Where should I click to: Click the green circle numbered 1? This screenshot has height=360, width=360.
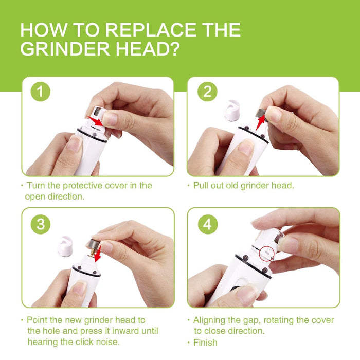tap(41, 92)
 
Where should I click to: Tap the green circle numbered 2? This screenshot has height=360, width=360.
tap(207, 92)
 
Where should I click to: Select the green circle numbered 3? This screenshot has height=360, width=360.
tap(41, 224)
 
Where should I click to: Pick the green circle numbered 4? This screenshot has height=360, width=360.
tap(208, 224)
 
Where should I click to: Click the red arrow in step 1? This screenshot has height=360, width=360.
tap(96, 121)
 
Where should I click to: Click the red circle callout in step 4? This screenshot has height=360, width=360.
tap(267, 253)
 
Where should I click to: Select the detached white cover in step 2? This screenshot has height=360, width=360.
tap(231, 111)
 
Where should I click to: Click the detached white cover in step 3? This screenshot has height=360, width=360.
tap(65, 246)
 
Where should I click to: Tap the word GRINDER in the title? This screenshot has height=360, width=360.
tap(65, 49)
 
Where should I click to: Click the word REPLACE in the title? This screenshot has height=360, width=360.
tap(151, 30)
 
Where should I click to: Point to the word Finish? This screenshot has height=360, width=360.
tap(205, 343)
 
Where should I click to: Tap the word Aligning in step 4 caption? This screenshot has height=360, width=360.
tap(209, 320)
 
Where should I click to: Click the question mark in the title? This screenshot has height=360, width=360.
tap(175, 49)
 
